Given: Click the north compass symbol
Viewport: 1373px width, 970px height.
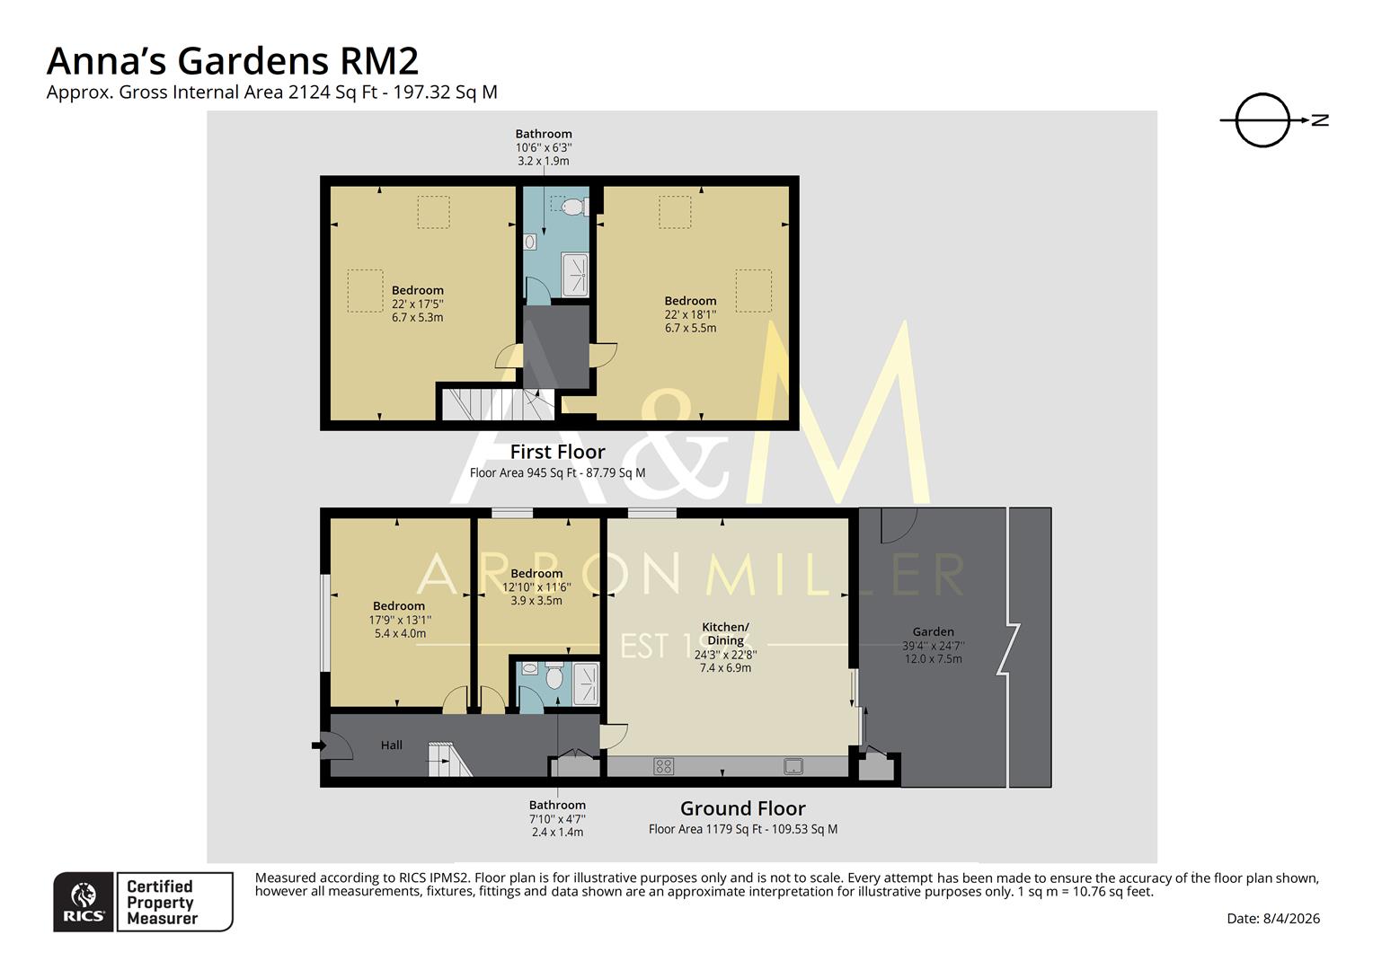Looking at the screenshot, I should (x=1263, y=119).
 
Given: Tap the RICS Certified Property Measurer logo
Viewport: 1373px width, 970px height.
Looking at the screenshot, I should (x=143, y=902).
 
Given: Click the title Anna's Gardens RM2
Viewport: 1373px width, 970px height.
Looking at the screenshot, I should (x=232, y=61).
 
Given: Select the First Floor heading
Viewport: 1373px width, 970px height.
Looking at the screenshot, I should (x=557, y=452).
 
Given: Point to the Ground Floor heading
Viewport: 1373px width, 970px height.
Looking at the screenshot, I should (x=742, y=808).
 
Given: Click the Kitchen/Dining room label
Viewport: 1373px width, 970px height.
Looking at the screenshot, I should (x=725, y=633).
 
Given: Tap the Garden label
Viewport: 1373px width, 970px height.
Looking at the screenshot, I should (x=933, y=631).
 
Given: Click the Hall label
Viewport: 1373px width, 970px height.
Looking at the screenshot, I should (x=391, y=745).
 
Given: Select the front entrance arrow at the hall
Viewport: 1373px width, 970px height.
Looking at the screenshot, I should (x=318, y=745).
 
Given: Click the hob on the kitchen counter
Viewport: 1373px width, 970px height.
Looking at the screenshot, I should (x=663, y=766).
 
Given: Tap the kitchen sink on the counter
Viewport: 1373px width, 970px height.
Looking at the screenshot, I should (x=793, y=766).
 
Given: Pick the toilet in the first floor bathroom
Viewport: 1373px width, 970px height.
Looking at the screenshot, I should (x=571, y=207).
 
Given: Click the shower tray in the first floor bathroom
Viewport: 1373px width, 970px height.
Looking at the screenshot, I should (x=574, y=274).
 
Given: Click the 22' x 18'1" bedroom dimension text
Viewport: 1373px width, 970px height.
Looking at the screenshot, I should (x=690, y=314).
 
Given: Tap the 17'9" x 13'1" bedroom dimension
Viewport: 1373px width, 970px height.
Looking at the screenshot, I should (x=399, y=620).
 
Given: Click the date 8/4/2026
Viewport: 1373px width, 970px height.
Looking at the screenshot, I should (x=1290, y=918).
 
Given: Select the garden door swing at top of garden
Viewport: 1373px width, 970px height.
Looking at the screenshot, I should (x=897, y=525).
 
